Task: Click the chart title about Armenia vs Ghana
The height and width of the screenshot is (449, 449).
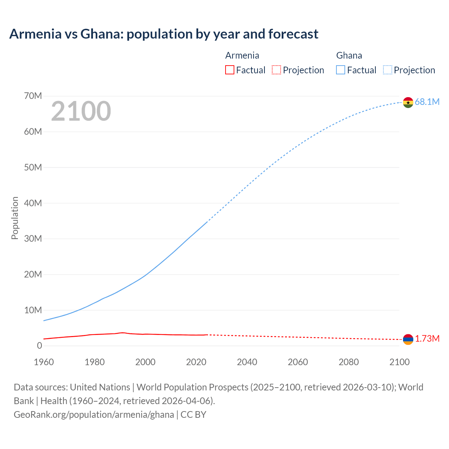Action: point(164,34)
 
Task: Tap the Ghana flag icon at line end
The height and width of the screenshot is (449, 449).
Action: point(408,102)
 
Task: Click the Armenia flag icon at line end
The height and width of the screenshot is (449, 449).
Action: point(408,339)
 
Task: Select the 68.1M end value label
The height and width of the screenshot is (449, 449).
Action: point(427,102)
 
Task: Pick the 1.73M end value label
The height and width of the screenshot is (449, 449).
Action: point(427,339)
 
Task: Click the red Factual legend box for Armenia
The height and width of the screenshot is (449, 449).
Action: point(229,70)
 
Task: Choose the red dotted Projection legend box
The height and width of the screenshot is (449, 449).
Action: point(276,70)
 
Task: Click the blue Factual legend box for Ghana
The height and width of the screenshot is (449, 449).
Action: point(340,70)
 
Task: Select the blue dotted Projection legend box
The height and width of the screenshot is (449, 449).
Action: point(387,70)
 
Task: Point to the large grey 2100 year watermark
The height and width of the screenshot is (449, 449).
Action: point(81,111)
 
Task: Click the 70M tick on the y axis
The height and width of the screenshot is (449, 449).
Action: point(33,96)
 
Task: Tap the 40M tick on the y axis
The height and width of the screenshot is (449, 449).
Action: point(33,203)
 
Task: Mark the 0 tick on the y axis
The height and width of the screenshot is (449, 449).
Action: point(39,346)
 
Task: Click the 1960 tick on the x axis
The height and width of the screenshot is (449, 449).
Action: point(44,362)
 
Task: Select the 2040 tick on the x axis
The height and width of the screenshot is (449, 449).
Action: point(247,362)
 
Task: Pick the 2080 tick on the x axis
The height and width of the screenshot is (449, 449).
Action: point(349,362)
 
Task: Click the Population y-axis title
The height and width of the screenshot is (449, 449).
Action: point(15,218)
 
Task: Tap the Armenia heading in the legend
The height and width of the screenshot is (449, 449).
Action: point(242,55)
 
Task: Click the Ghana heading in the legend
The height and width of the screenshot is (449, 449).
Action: point(349,55)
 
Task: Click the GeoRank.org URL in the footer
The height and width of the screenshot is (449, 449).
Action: point(94,415)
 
